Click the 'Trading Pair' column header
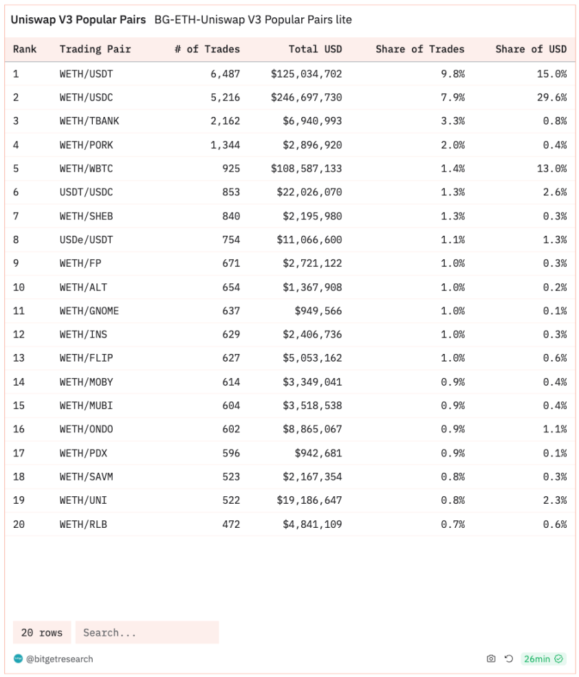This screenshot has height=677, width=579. [x=95, y=49]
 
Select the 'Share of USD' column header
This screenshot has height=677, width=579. [x=531, y=49]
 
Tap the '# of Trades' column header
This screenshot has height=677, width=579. [x=207, y=49]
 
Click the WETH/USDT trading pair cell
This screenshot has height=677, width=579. [x=86, y=74]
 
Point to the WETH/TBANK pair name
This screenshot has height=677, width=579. [x=89, y=121]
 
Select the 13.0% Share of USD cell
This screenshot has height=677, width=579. [x=551, y=168]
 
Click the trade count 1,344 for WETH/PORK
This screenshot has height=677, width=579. [x=225, y=145]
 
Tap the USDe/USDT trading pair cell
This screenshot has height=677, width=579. [x=86, y=240]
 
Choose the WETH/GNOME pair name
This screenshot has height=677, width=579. [x=89, y=311]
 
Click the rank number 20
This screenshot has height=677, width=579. [x=19, y=524]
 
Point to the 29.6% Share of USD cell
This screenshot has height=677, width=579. [x=551, y=98]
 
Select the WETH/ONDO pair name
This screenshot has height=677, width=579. [x=86, y=430]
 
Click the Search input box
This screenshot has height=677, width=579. [x=147, y=632]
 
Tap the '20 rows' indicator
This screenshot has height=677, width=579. [x=42, y=632]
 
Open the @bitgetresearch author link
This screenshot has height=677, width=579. [x=59, y=659]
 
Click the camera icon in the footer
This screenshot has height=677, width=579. [x=491, y=659]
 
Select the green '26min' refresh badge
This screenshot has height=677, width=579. [x=543, y=659]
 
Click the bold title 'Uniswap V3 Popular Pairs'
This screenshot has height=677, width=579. [x=78, y=20]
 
